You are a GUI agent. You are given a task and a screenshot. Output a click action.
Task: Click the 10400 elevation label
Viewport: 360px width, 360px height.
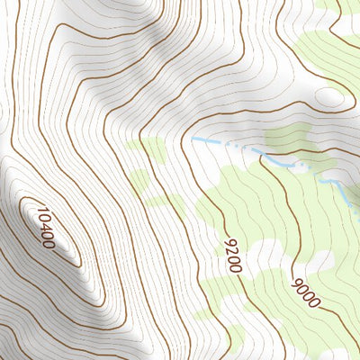coord(45,228)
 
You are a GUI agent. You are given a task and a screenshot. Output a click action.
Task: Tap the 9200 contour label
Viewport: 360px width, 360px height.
coord(233,256)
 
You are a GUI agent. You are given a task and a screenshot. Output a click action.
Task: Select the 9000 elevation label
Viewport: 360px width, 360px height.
coord(305,293)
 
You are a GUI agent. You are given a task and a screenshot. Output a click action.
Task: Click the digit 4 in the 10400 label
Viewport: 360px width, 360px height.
coord(45,228)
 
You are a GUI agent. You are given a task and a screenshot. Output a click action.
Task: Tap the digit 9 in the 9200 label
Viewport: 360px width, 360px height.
coord(229,243)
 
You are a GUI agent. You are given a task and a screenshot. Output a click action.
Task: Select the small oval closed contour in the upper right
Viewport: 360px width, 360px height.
coord(328,96)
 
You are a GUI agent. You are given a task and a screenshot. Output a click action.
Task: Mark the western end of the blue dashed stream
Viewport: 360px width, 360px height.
coord(193,139)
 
